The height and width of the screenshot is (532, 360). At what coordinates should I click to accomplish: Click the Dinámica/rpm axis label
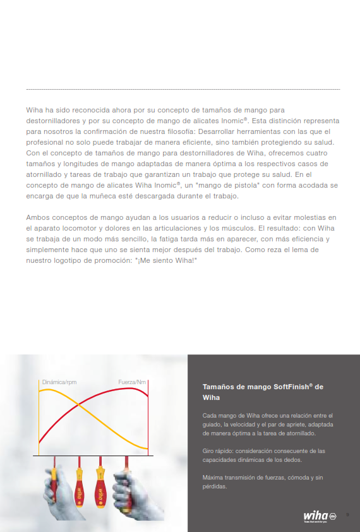click(x=59, y=382)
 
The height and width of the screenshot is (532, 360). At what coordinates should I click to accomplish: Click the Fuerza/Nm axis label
click(x=133, y=382)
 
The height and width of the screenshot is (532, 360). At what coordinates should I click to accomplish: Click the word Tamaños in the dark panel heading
click(x=219, y=387)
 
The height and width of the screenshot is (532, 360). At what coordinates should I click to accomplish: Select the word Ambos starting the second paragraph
click(x=37, y=217)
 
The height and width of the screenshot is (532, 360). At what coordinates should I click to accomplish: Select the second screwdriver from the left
click(x=80, y=483)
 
